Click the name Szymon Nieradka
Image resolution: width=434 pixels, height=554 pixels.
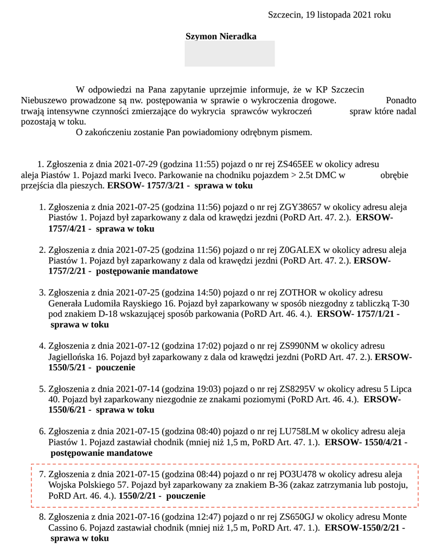coord(221,36)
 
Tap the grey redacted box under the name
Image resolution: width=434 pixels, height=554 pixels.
coord(229,54)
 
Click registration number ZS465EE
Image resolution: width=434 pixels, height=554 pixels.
coord(296,164)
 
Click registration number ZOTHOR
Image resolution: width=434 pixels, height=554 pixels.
coord(297,292)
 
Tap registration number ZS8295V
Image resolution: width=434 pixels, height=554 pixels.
coord(296,389)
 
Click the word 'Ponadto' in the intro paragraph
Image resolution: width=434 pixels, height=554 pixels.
coord(401,100)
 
